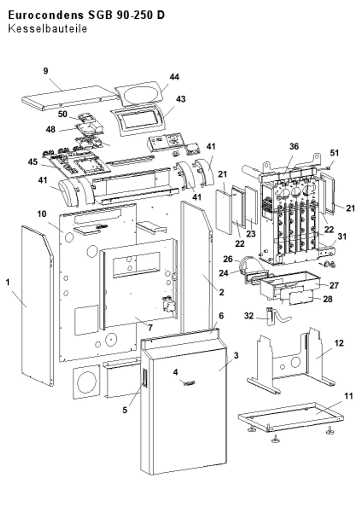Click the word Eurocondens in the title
tap(46, 15)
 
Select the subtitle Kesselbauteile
tap(48, 29)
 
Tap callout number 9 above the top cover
tap(46, 71)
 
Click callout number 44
tap(174, 77)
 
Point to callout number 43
tap(181, 99)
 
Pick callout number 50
tap(62, 114)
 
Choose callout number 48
tap(50, 130)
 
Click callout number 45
tap(33, 162)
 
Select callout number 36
tap(294, 147)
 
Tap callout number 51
tap(334, 153)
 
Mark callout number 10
tap(42, 214)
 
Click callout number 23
tap(251, 234)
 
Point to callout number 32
tap(249, 316)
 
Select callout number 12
tap(339, 343)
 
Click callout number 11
tap(348, 396)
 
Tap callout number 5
tap(125, 410)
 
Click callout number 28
tap(328, 299)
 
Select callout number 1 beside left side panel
tap(8, 282)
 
